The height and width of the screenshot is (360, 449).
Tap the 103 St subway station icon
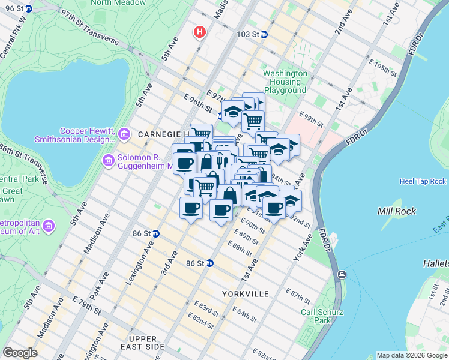264,34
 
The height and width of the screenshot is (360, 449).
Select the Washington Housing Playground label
285,82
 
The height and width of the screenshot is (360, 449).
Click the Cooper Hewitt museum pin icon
124,133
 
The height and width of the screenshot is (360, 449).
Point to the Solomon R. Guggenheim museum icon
108,160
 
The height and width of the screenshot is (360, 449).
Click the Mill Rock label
396,211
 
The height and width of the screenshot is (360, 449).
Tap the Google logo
20,353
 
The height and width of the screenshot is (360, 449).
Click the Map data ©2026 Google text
411,355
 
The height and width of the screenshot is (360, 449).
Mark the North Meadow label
118,3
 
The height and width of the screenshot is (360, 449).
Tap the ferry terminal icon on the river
342,275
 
